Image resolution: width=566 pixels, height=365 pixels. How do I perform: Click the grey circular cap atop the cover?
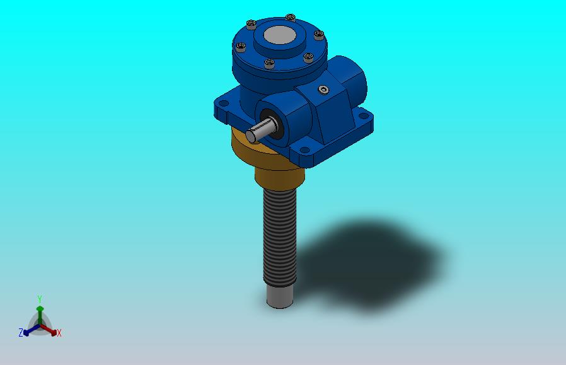(x=280, y=35)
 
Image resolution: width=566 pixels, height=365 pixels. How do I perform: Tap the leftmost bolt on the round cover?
(x=241, y=47)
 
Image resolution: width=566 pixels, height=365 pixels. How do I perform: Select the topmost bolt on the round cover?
(x=290, y=17)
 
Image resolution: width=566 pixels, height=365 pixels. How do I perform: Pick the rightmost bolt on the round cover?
(x=319, y=35)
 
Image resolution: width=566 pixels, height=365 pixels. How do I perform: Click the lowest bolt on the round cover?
(x=269, y=64)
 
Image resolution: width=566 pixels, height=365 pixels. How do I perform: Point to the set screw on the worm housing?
(x=324, y=90)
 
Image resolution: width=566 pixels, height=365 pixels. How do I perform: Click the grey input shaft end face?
(x=251, y=136)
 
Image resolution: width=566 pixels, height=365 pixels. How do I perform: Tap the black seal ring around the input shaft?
(x=272, y=124)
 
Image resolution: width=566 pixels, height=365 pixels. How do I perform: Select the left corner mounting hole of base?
(x=224, y=103)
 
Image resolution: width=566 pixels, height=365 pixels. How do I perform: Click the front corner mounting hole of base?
(x=305, y=150)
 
